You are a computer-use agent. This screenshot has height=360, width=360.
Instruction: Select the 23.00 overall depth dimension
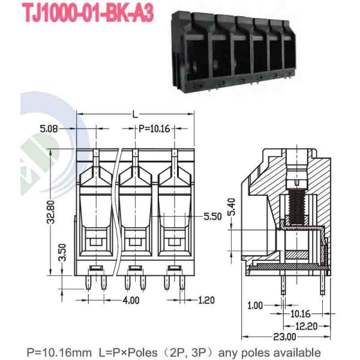point(286,335)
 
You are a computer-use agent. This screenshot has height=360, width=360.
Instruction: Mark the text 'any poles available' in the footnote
point(273,352)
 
